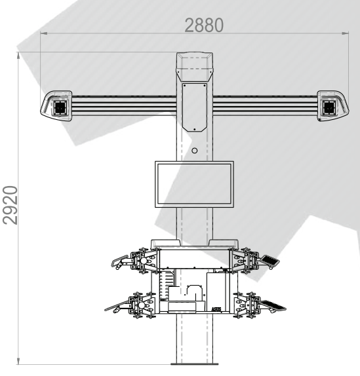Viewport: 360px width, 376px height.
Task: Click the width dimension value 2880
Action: click(x=204, y=25)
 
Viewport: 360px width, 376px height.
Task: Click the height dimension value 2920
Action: click(x=10, y=205)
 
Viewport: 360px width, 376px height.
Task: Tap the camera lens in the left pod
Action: click(x=60, y=108)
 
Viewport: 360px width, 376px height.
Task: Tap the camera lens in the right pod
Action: click(x=329, y=107)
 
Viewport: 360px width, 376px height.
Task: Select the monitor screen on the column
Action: click(x=194, y=184)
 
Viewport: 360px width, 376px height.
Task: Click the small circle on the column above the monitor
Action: click(x=195, y=151)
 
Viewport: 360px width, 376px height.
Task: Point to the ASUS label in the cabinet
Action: click(x=216, y=309)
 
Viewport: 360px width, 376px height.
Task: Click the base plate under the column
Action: click(x=194, y=364)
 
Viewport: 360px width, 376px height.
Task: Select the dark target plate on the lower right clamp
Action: click(x=273, y=305)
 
